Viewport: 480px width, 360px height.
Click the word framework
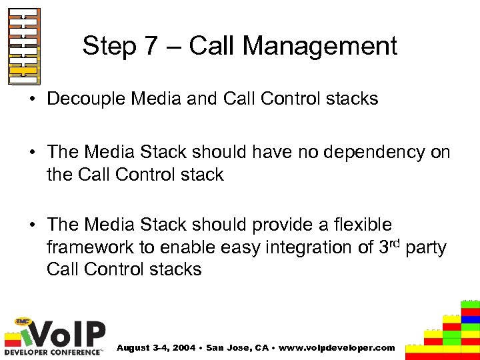click(92, 247)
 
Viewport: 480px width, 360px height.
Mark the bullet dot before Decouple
click(37, 99)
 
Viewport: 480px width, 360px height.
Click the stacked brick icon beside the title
click(23, 46)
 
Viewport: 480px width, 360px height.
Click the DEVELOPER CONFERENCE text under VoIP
click(53, 351)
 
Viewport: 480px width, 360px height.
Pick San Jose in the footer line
click(228, 347)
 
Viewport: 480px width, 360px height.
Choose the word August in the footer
click(133, 347)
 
